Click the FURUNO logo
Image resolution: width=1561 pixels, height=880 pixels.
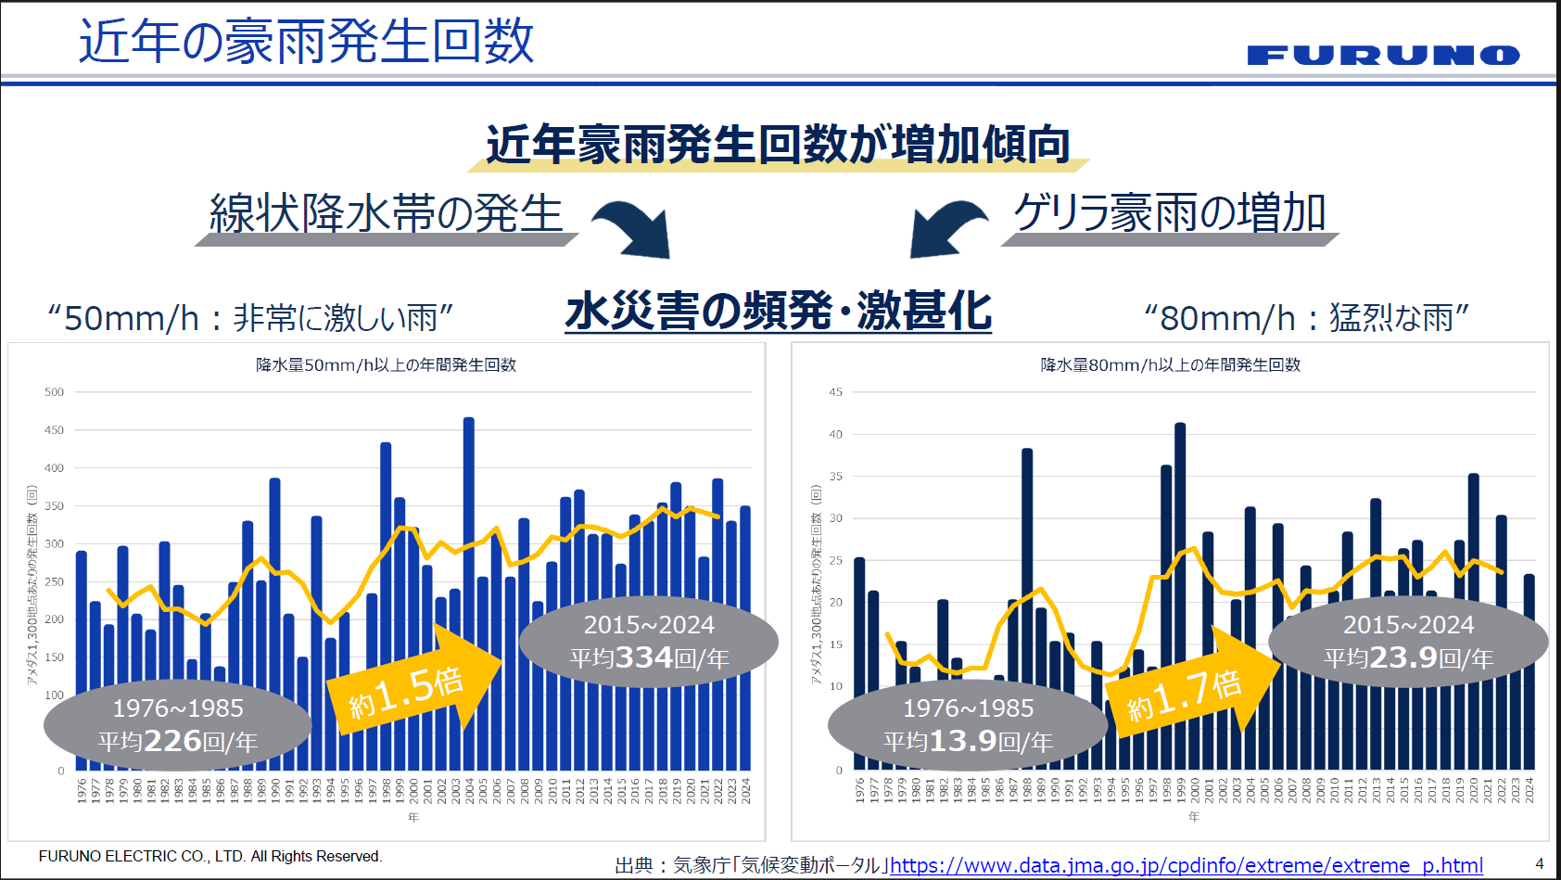point(1383,56)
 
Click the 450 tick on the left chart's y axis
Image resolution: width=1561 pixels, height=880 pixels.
point(55,430)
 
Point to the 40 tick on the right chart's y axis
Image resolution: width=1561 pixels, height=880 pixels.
point(836,434)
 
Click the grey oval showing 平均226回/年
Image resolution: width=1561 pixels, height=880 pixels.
point(177,726)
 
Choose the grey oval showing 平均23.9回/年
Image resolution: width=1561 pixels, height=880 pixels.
point(1408,642)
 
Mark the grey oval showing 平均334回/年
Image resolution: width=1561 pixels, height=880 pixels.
point(649,642)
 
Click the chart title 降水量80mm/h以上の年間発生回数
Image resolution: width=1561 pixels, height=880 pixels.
point(1170,365)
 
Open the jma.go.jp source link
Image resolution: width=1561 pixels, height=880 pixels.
point(1186,866)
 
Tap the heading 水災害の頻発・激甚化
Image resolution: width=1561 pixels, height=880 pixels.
point(778,312)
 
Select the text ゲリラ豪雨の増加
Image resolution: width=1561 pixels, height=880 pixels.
point(1170,213)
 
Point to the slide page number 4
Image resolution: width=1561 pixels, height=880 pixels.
point(1540,863)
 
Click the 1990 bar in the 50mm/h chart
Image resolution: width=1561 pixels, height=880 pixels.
point(275,621)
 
